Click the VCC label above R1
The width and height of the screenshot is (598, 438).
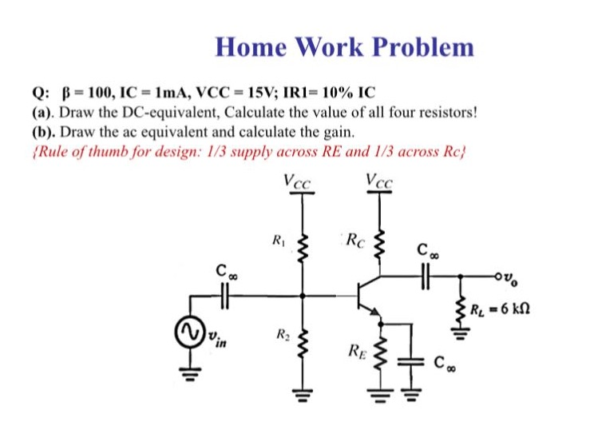(300, 181)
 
